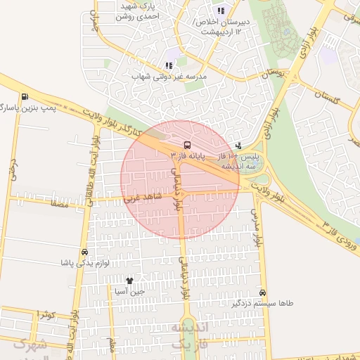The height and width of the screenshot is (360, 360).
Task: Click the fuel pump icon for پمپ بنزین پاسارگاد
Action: coord(25,97)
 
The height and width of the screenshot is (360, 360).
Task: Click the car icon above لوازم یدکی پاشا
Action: coord(85,252)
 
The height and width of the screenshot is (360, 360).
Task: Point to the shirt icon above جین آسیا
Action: coord(129,281)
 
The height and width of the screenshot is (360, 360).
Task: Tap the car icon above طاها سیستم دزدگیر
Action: coord(262,292)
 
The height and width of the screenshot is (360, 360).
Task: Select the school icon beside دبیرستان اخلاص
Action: coord(221,11)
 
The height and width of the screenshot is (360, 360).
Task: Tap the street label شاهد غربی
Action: coord(143,198)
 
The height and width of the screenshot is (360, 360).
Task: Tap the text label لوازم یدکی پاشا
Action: coord(84,262)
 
